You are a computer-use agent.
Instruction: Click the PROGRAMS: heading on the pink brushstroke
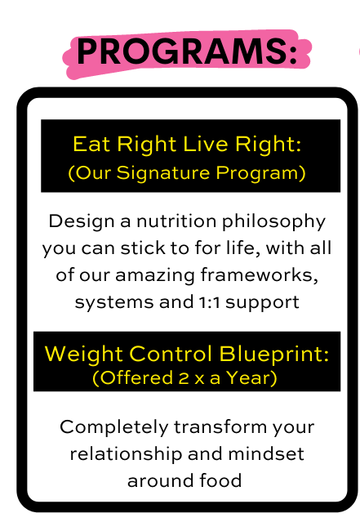[x=187, y=51]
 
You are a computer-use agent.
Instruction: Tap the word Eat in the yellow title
[x=91, y=144]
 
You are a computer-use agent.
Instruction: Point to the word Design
[x=81, y=222]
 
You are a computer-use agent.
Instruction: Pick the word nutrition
[x=176, y=221]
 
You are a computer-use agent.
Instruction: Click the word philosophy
[x=273, y=223]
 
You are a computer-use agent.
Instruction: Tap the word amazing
[x=155, y=275]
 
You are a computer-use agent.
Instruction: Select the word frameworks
[x=259, y=274]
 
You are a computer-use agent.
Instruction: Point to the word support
[x=263, y=303]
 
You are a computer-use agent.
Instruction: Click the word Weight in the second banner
[x=83, y=355]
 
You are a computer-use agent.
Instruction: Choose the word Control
[x=171, y=354]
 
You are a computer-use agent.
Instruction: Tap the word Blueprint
[x=274, y=355]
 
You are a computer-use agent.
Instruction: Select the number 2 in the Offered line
[x=184, y=378]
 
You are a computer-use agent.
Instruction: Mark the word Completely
[x=114, y=428]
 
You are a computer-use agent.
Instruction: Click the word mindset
[x=266, y=454]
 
